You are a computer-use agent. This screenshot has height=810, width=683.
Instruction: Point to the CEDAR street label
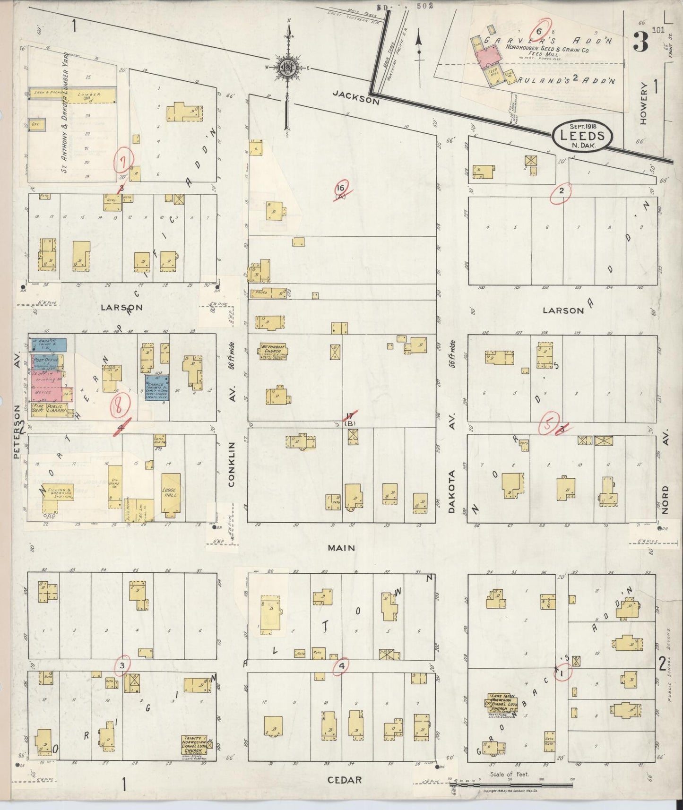pyautogui.click(x=345, y=780)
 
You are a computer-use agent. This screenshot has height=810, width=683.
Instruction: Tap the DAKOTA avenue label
pyautogui.click(x=451, y=491)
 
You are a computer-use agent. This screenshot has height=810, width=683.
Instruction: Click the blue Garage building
pyautogui.click(x=157, y=387)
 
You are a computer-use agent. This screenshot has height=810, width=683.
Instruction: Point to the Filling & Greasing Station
pyautogui.click(x=58, y=492)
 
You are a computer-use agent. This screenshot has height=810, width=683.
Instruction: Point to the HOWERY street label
pyautogui.click(x=643, y=103)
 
